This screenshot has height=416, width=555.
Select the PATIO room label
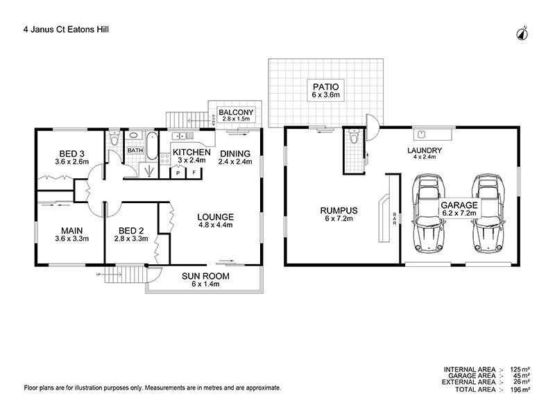click(325, 86)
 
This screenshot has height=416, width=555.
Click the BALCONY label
click(237, 112)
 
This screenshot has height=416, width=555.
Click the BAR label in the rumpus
click(395, 218)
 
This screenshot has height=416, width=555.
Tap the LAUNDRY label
click(425, 150)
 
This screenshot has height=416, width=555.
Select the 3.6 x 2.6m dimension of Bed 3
click(71, 162)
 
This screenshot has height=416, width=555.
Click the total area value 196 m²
click(520, 390)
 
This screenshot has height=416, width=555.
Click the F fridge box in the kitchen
click(195, 173)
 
